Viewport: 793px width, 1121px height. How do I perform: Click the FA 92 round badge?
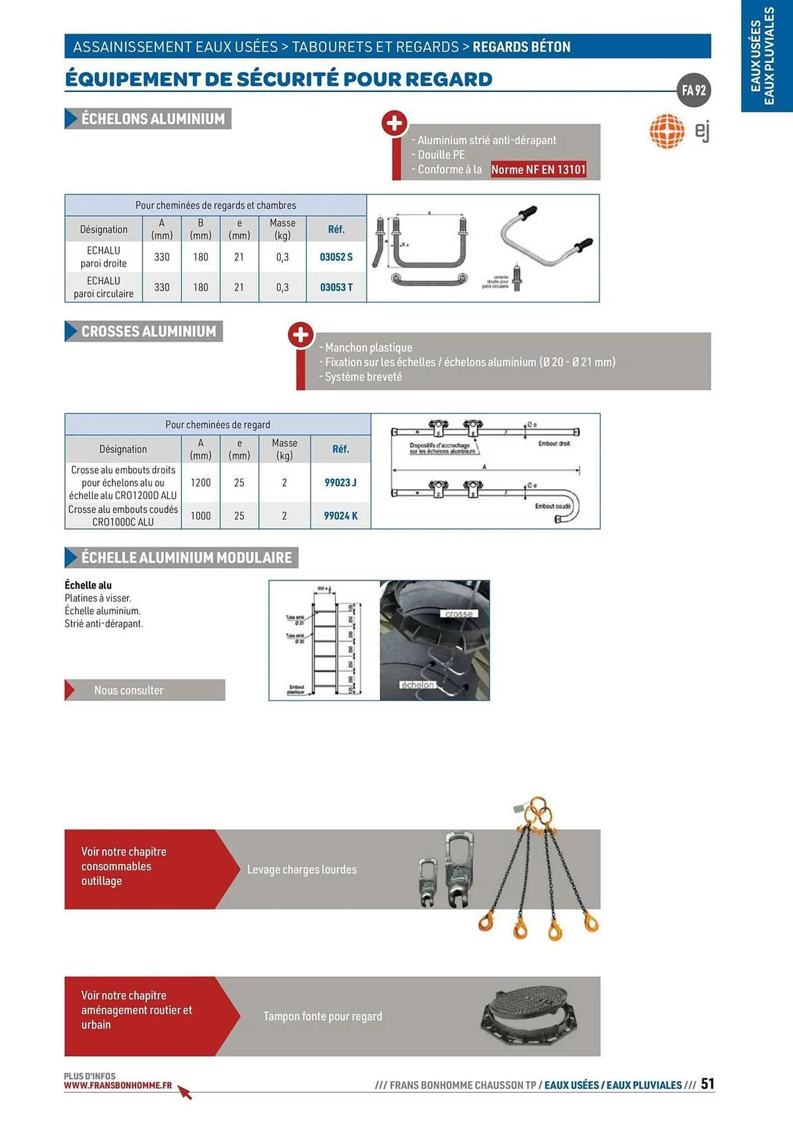coord(694,90)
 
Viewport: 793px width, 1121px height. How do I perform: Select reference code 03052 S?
coord(336,257)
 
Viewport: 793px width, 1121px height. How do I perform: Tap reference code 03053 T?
coord(336,288)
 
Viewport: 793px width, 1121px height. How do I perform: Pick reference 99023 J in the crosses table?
coord(340,483)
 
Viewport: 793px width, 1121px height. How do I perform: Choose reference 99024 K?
coord(340,516)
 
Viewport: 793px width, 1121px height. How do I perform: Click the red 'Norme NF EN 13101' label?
coord(538,169)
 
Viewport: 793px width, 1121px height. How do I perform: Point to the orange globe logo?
coord(667,132)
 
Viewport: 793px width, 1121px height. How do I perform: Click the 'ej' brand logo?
coord(702,132)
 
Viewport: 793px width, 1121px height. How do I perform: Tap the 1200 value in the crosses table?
coord(201,483)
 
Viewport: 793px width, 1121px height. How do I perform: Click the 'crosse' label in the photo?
coord(458,614)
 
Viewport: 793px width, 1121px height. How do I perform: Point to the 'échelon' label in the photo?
coord(418,685)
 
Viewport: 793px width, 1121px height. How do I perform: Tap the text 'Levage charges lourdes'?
coord(302,870)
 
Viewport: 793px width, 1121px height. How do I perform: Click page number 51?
coord(707,1083)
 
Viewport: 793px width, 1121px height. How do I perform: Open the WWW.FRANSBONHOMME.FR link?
coord(118,1086)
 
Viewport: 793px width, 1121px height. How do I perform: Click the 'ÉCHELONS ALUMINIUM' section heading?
coord(152,119)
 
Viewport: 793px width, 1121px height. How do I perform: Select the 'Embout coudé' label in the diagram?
coord(552,506)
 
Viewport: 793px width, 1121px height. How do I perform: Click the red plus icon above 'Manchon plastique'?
coord(300,335)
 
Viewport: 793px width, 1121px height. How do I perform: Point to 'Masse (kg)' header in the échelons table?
coord(282,229)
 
